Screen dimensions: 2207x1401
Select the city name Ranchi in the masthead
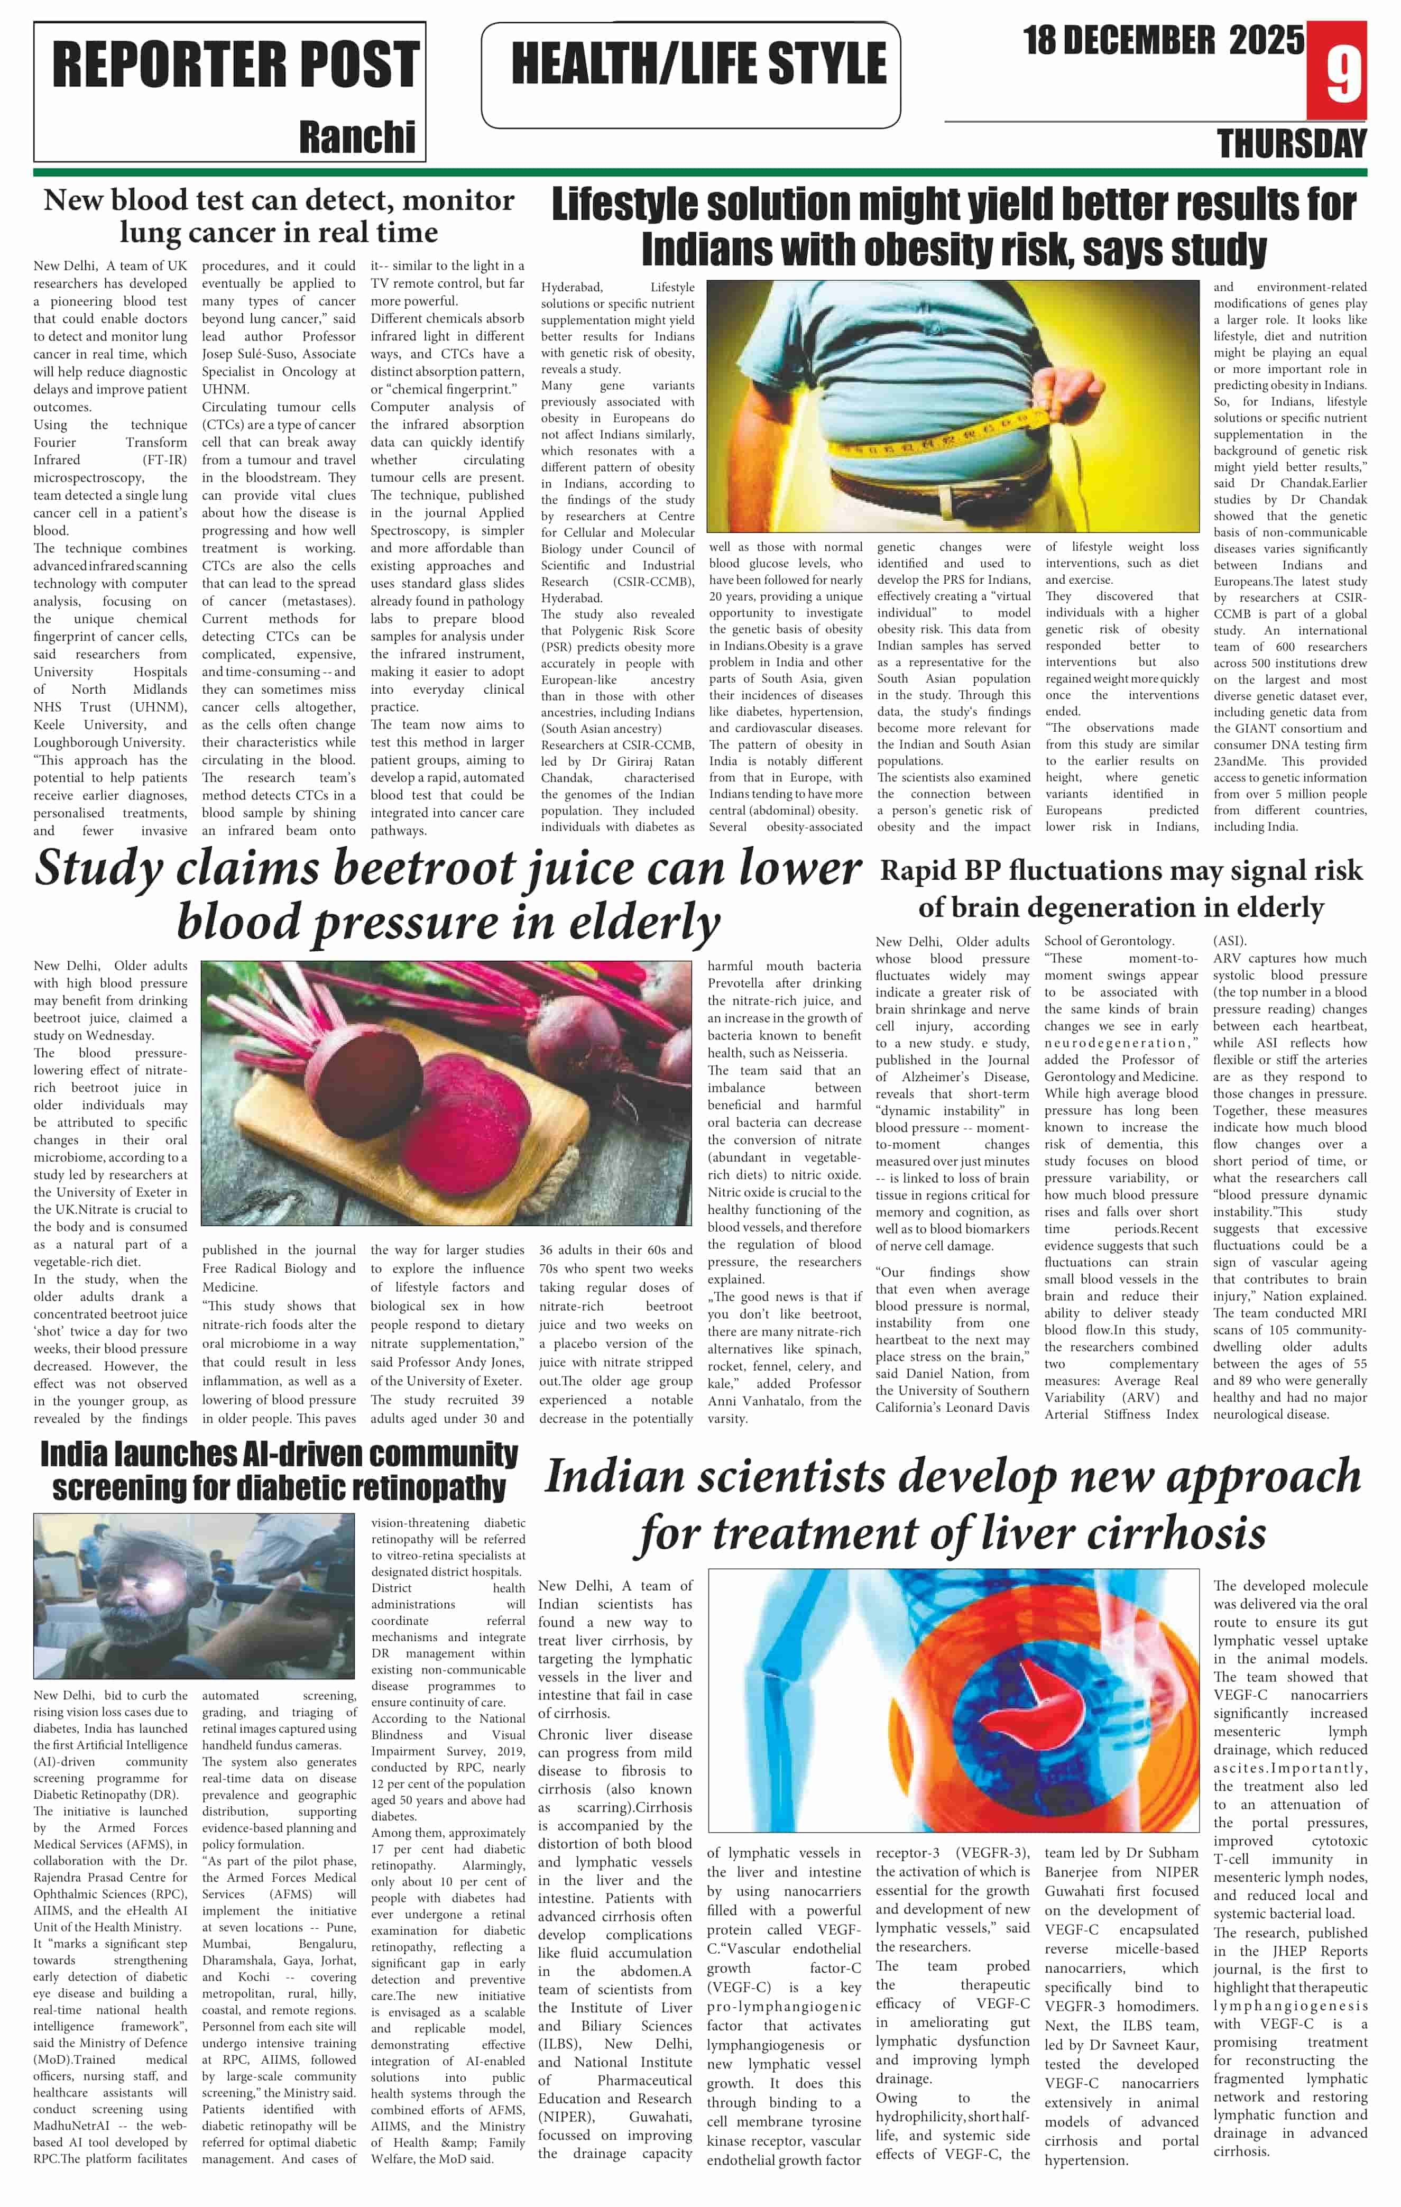tap(357, 137)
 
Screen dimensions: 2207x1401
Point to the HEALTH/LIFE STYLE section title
tap(698, 63)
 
